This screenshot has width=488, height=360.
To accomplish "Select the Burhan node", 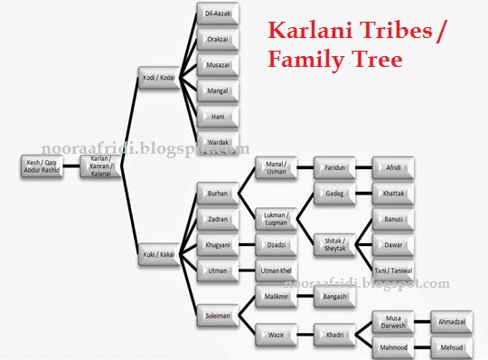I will [218, 193].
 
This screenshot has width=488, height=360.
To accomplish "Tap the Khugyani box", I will [218, 244].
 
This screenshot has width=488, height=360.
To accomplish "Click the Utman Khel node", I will [277, 270].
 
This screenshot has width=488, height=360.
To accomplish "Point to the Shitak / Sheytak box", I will [334, 243].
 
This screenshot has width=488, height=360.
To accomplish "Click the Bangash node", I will [334, 296].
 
